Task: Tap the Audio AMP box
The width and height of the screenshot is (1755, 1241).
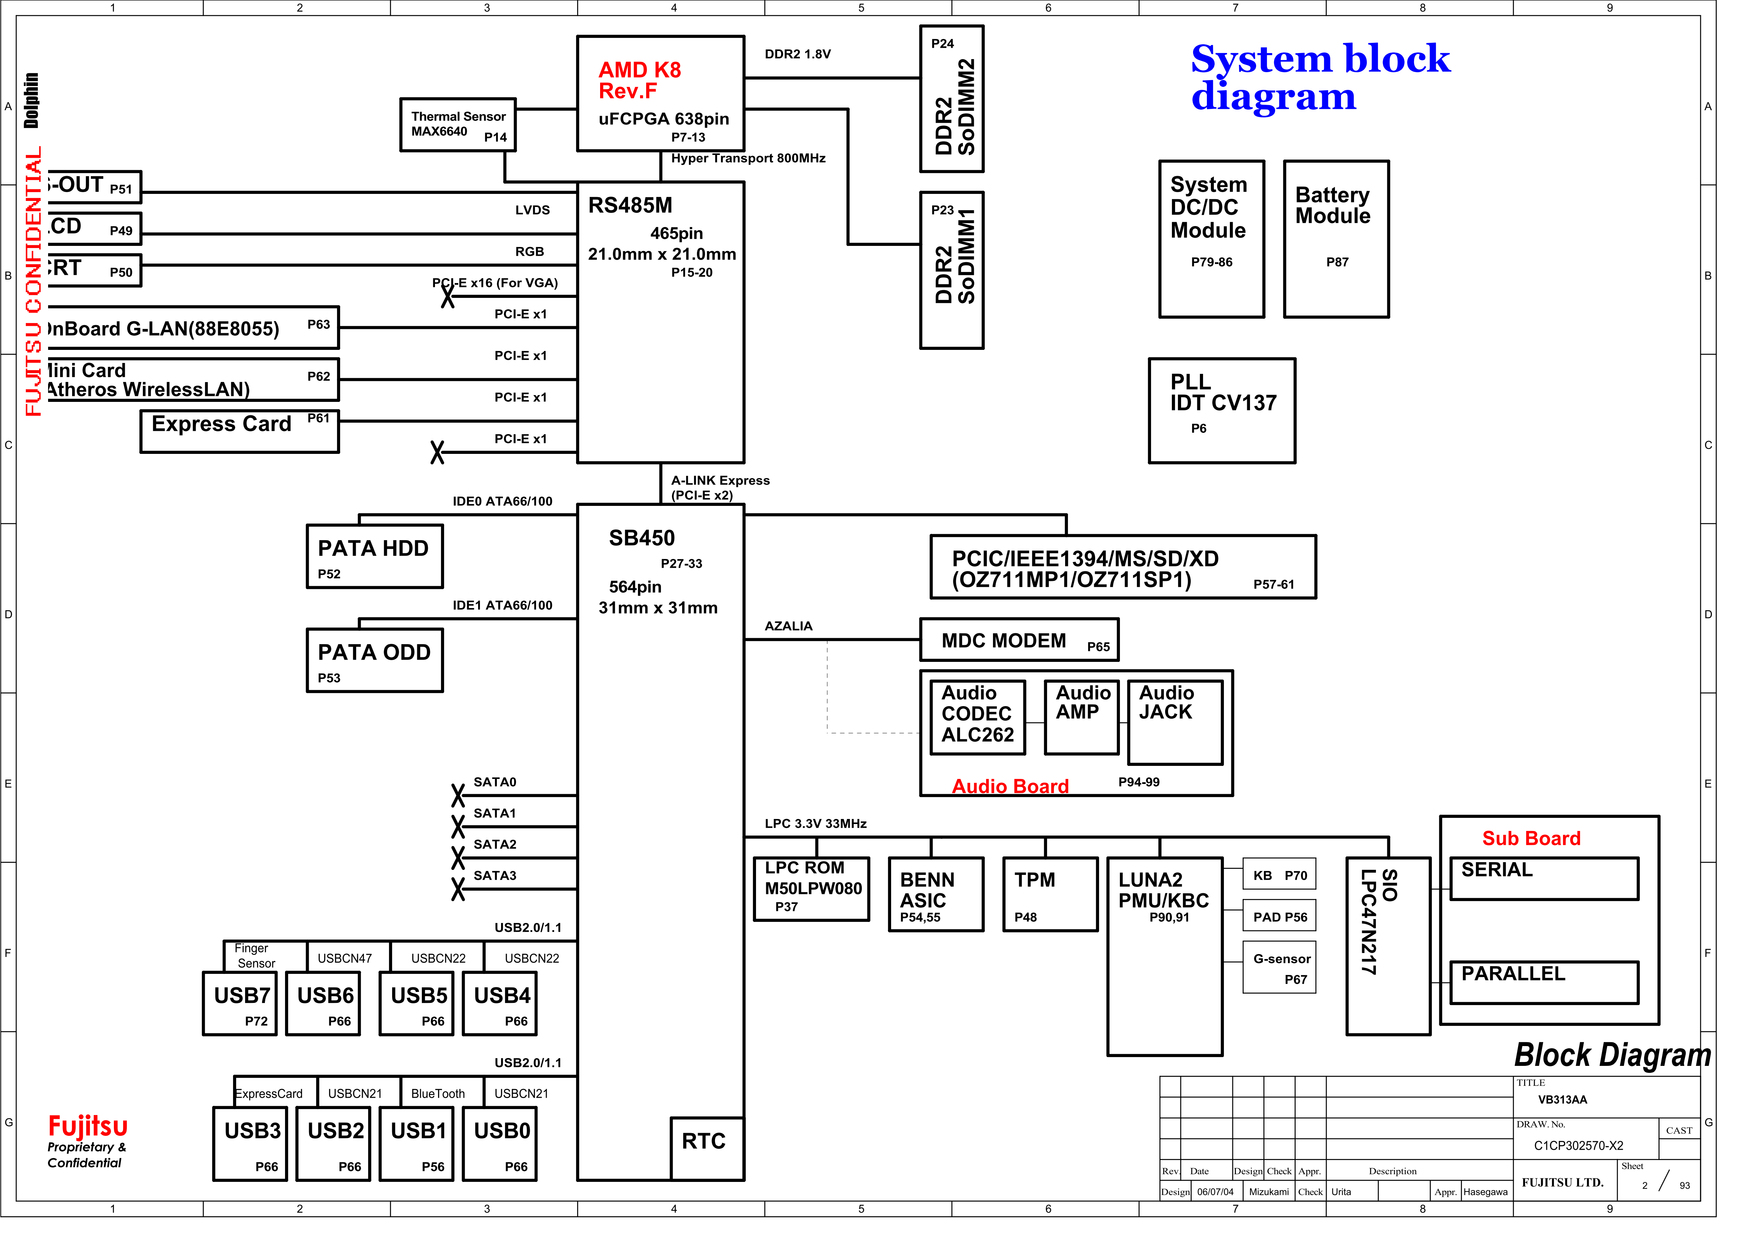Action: pyautogui.click(x=1081, y=716)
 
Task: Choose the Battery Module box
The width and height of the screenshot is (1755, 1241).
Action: pyautogui.click(x=1335, y=238)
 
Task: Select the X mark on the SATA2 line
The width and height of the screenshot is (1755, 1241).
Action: pyautogui.click(x=458, y=857)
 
